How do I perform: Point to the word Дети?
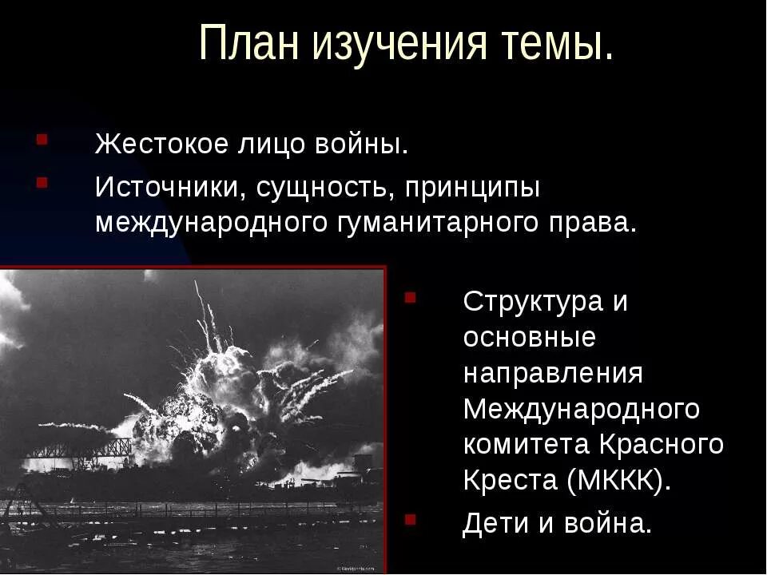click(495, 523)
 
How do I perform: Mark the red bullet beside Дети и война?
click(410, 519)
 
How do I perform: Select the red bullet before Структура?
click(410, 299)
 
